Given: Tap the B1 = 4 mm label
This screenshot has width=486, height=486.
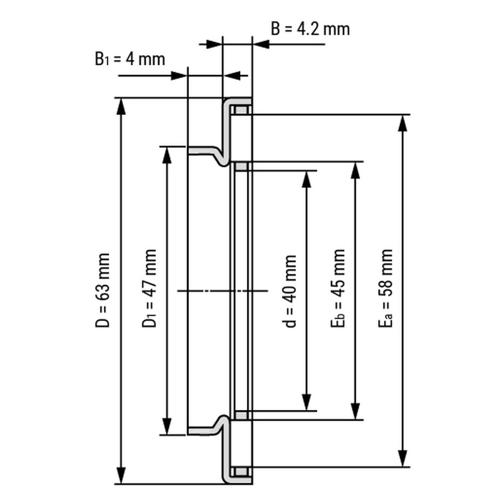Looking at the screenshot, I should click(x=130, y=58).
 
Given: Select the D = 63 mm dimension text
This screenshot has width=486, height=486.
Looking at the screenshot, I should click(x=103, y=290).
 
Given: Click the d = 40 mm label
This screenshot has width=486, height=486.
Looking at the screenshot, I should click(x=290, y=292).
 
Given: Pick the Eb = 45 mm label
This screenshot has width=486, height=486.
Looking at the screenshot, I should click(x=337, y=289).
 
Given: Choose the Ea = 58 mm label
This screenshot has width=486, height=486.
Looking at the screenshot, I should click(x=385, y=289).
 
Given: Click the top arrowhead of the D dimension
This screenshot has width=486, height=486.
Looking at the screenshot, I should click(x=122, y=106).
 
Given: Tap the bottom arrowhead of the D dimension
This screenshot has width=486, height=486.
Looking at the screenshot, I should click(x=122, y=476).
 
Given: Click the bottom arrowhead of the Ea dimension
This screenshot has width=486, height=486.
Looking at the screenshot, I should click(x=402, y=458).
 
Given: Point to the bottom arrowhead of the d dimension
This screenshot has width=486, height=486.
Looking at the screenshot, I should click(x=306, y=402).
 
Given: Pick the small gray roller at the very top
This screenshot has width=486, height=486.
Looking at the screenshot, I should click(x=241, y=111).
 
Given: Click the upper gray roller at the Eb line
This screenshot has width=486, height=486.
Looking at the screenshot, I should click(x=241, y=166).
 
